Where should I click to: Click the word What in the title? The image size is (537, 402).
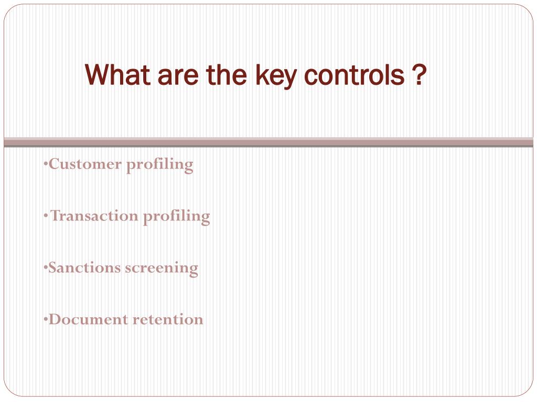tap(115, 75)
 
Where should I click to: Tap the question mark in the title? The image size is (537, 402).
tap(418, 75)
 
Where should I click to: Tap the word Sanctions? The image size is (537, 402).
tap(84, 267)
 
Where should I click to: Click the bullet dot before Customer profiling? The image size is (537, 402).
tap(46, 164)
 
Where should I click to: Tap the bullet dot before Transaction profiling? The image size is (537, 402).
tap(46, 216)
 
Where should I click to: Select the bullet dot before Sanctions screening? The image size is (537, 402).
tap(46, 267)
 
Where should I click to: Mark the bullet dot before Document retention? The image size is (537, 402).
tap(46, 319)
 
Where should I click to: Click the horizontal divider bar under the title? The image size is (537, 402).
tap(268, 142)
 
